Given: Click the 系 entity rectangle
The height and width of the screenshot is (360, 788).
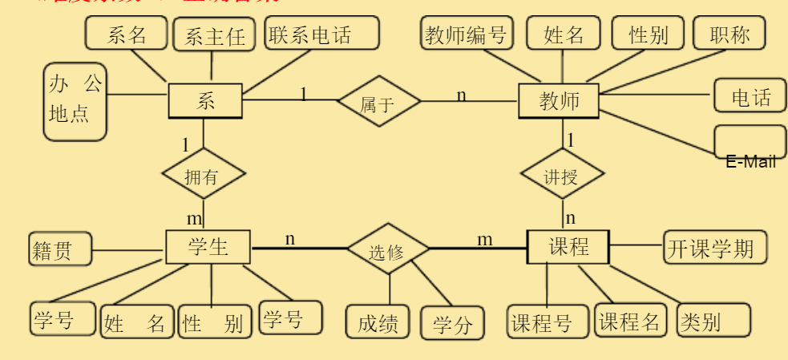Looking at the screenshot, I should (x=204, y=101).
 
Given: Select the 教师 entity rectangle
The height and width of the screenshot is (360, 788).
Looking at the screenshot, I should (x=559, y=102).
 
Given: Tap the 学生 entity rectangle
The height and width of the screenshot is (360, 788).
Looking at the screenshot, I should (x=208, y=247).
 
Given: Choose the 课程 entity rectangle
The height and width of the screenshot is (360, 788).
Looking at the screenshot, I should (x=568, y=247).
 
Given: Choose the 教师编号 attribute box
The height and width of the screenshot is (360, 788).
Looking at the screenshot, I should (x=467, y=34).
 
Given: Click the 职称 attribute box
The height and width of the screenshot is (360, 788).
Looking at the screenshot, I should (x=729, y=34).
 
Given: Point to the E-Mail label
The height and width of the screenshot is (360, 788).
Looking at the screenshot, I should (x=750, y=162).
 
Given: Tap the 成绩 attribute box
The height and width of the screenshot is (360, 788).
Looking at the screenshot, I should (x=378, y=323).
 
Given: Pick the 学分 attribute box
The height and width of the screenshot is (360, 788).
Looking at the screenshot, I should (x=452, y=325).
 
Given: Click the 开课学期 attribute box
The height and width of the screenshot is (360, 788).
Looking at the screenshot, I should (x=714, y=248).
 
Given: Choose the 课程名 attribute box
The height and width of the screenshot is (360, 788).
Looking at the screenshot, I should (x=630, y=322).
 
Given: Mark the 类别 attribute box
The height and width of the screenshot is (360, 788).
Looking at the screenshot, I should (x=714, y=322).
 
